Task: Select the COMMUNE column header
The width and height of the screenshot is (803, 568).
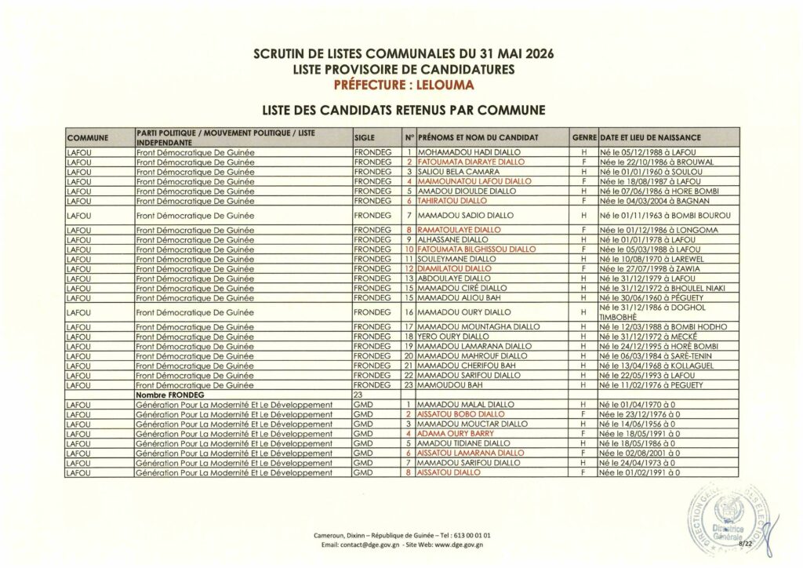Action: [x=87, y=138]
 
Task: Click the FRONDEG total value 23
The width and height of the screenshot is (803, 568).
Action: [x=360, y=395]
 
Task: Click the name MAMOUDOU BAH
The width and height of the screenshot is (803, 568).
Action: [x=443, y=385]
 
